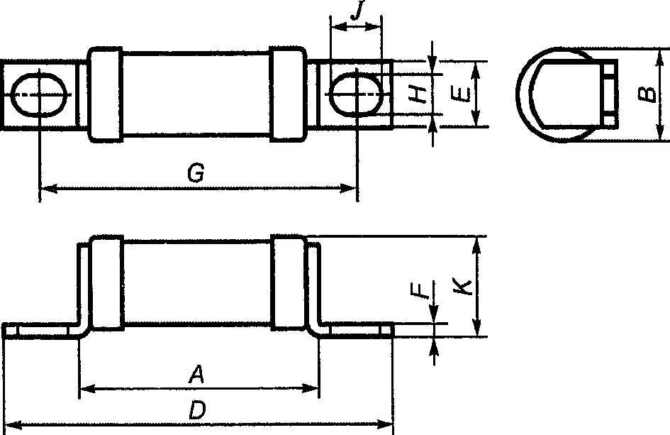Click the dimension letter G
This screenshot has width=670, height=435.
point(196,173)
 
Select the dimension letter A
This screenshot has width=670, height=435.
point(196,374)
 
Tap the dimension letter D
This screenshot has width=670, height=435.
point(197,410)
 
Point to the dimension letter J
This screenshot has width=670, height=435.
point(357,10)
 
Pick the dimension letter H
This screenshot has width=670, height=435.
point(417,94)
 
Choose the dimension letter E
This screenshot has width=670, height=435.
point(460,94)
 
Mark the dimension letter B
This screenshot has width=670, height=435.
point(647,94)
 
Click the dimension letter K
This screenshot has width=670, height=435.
point(462,287)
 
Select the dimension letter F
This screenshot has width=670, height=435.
point(420,290)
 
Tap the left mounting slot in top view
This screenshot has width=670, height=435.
point(40,94)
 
